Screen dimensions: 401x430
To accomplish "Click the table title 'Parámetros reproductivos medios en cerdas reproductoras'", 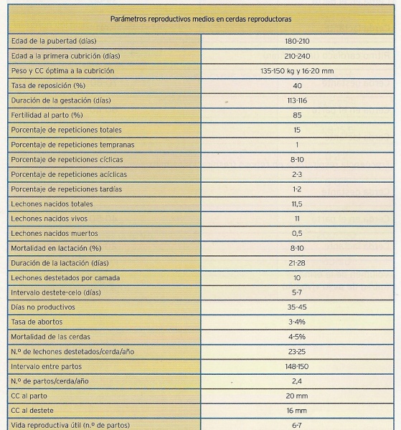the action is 201,19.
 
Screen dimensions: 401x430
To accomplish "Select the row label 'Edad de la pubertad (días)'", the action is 54,41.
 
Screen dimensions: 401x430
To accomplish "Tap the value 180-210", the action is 297,41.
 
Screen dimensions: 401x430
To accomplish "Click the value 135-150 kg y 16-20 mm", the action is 297,71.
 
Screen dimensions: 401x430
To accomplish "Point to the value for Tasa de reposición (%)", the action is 297,86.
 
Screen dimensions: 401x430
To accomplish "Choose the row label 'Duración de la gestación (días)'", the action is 61,100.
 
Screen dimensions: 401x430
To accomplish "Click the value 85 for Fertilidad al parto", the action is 297,115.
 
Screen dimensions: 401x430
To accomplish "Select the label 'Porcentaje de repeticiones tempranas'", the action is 72,145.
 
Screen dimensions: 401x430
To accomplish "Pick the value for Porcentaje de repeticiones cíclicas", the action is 297,160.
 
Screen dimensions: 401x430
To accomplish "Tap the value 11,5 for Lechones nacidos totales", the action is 297,204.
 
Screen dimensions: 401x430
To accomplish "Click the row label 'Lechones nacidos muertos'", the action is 55,234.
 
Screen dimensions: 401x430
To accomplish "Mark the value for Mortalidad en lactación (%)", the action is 297,248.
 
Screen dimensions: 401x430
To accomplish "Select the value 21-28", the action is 297,263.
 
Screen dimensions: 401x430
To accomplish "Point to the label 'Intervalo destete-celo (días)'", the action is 56,292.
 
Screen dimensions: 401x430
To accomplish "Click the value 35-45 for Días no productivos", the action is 297,307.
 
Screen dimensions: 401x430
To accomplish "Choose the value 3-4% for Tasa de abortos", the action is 297,322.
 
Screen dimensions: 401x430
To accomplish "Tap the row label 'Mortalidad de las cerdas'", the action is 50,337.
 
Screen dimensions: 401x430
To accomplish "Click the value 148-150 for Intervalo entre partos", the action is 297,367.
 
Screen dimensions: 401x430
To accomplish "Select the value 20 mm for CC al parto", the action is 297,396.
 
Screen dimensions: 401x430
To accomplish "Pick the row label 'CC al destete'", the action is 32,411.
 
